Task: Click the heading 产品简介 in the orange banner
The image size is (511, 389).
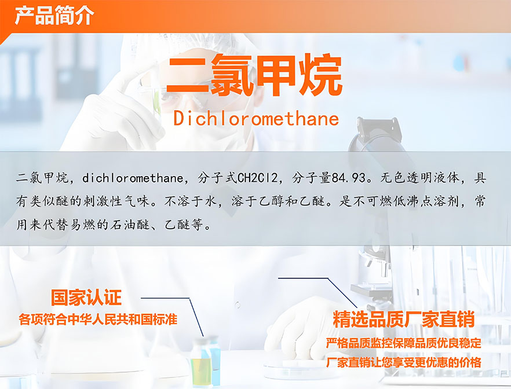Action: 54,15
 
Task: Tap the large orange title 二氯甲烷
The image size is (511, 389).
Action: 254,75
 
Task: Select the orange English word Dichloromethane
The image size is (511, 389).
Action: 256,118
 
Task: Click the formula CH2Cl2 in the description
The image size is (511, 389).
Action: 258,178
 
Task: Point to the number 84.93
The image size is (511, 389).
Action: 348,178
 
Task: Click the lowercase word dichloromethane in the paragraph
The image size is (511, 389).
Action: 133,178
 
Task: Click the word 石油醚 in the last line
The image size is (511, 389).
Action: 129,225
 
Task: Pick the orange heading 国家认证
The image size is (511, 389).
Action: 86,297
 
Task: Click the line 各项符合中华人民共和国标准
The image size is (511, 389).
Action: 98,320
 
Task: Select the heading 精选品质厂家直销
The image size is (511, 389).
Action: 403,319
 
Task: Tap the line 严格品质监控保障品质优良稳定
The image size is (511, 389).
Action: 403,343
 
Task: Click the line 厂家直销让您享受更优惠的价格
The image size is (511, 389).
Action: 403,362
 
